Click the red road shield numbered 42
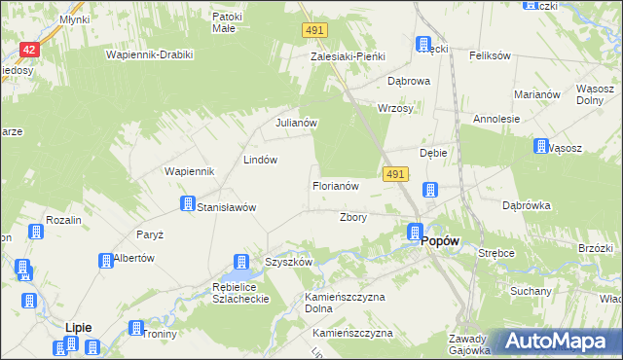click(x=29, y=50)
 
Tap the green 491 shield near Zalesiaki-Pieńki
click(x=312, y=31)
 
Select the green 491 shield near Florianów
click(x=393, y=173)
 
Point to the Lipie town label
click(x=78, y=328)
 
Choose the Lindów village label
click(x=261, y=160)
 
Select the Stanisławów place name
click(x=226, y=207)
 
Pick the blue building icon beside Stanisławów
click(x=187, y=203)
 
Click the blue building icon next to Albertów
click(x=104, y=260)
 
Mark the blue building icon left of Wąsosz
click(x=540, y=146)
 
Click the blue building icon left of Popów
click(x=414, y=233)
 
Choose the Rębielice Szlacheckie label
click(x=234, y=291)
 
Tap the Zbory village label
click(x=352, y=217)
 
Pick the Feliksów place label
click(x=490, y=55)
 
